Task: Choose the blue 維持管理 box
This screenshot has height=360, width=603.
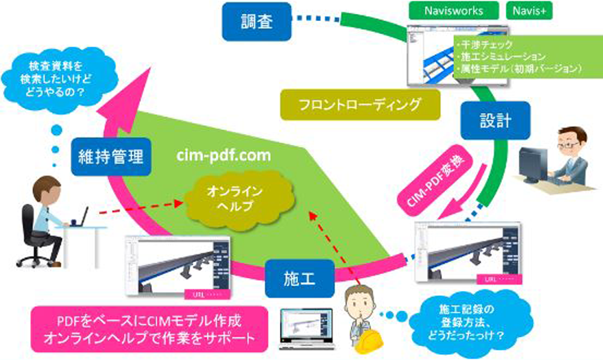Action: click(x=111, y=157)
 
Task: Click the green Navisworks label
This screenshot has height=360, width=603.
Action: click(x=454, y=10)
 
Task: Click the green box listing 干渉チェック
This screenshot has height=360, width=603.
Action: click(x=518, y=57)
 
